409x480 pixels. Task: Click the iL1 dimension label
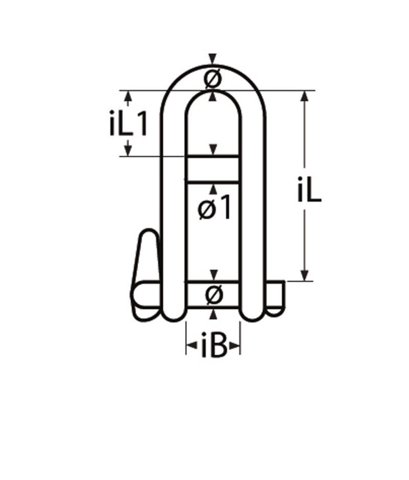(128, 124)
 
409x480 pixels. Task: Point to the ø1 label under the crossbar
(214, 209)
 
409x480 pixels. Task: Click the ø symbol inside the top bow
(213, 79)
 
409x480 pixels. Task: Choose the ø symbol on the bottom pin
(214, 295)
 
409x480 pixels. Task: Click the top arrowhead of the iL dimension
(305, 96)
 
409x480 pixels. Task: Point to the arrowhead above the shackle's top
(213, 59)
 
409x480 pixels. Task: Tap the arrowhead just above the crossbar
(214, 150)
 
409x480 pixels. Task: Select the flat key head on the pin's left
(146, 256)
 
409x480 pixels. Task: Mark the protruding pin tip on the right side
(276, 296)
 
